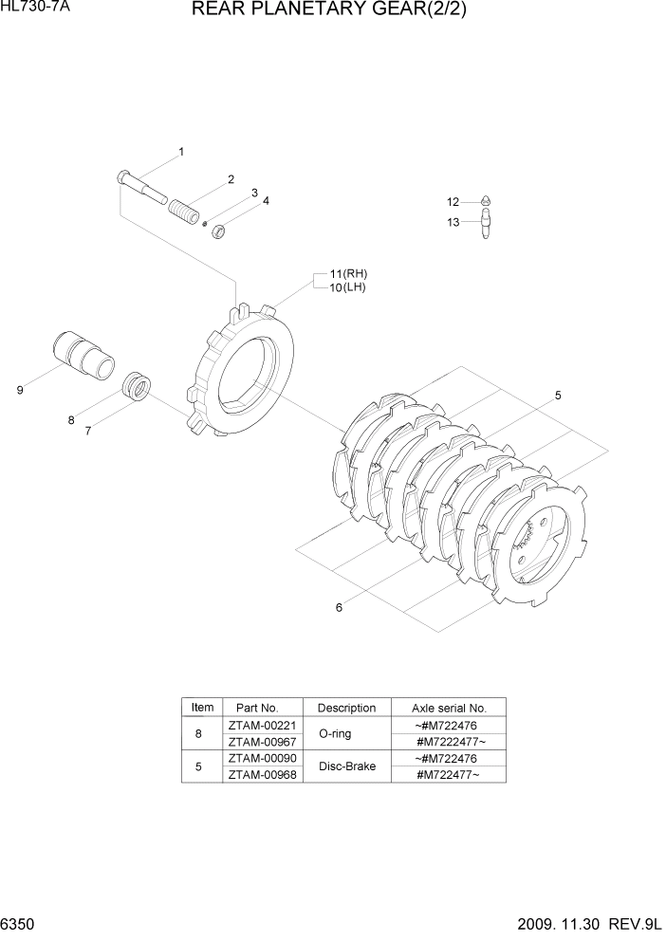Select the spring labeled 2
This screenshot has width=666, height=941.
click(184, 206)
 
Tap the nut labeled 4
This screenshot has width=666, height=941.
click(217, 229)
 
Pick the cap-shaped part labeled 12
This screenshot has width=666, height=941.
click(485, 202)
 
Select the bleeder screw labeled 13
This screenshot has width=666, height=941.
click(486, 226)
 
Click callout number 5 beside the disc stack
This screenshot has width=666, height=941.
click(558, 396)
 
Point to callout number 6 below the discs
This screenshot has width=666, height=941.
click(339, 608)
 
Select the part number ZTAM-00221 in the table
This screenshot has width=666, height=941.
click(261, 726)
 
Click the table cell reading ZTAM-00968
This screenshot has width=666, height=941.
click(261, 775)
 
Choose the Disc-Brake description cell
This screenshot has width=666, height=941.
click(346, 766)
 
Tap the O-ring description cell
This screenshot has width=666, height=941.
click(337, 734)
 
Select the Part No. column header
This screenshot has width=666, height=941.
click(257, 708)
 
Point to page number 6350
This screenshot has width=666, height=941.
click(18, 925)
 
